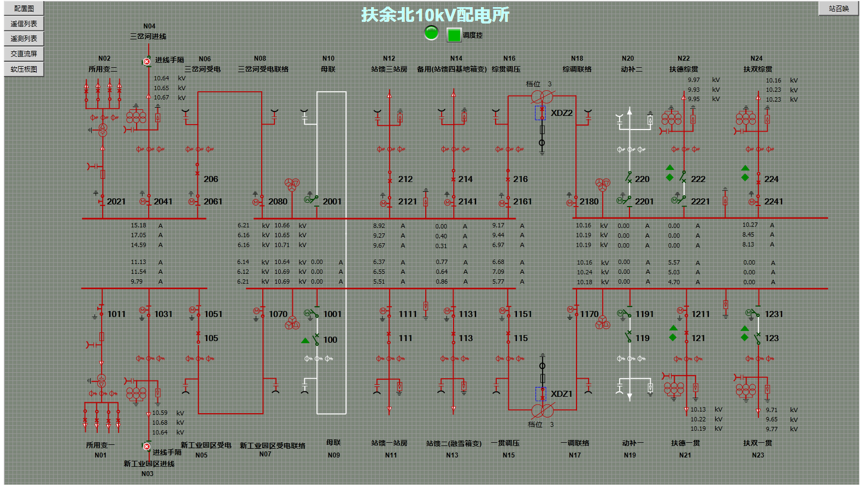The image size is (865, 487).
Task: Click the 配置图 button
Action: [24, 8]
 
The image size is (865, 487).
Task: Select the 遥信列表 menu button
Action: [24, 24]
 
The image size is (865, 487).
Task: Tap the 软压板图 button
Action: [24, 69]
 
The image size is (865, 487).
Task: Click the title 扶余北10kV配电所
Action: [435, 15]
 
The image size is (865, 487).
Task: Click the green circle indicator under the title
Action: [431, 33]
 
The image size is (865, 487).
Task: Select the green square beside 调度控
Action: [454, 35]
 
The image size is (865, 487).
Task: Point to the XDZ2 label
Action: [561, 113]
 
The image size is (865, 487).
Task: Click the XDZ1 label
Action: [561, 394]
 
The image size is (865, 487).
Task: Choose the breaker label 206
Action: [211, 179]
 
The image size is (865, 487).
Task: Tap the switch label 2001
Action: [332, 202]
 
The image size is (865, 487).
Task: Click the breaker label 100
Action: [330, 340]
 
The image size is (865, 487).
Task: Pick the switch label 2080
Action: [278, 202]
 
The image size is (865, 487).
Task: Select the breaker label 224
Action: [771, 179]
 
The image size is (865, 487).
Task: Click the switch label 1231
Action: [774, 314]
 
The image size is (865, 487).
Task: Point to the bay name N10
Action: [328, 58]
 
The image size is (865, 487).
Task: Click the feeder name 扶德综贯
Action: [684, 69]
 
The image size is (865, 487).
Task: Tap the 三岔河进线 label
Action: [148, 37]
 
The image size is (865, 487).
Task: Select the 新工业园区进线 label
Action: [149, 464]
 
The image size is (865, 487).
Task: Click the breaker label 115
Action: [521, 338]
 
